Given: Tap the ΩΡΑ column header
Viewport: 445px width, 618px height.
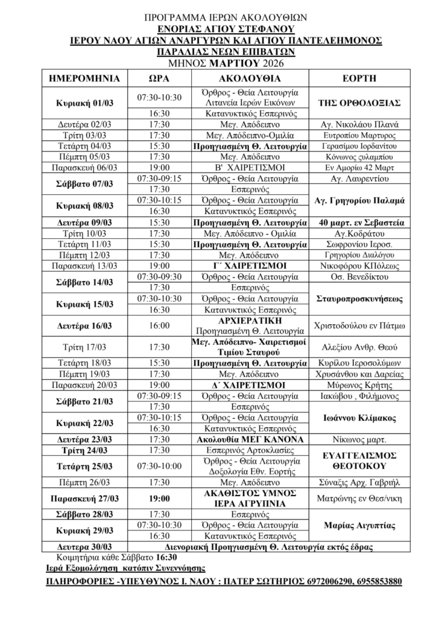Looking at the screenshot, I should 159,78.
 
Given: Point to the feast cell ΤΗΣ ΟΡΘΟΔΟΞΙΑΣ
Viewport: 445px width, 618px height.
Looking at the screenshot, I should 359,103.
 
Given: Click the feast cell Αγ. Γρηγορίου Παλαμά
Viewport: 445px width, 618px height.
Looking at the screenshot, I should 359,200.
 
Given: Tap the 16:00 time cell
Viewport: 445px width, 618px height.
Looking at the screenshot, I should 159,325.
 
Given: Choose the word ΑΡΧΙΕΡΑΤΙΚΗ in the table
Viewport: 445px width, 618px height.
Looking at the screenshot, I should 248,320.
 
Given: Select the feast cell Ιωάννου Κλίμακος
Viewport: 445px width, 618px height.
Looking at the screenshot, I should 359,418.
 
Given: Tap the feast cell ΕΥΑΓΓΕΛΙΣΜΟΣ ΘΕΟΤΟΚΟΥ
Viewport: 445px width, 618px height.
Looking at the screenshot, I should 359,461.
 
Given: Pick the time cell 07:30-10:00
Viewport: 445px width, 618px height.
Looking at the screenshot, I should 159,467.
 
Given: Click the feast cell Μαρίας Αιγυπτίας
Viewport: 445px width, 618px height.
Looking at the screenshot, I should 359,526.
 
